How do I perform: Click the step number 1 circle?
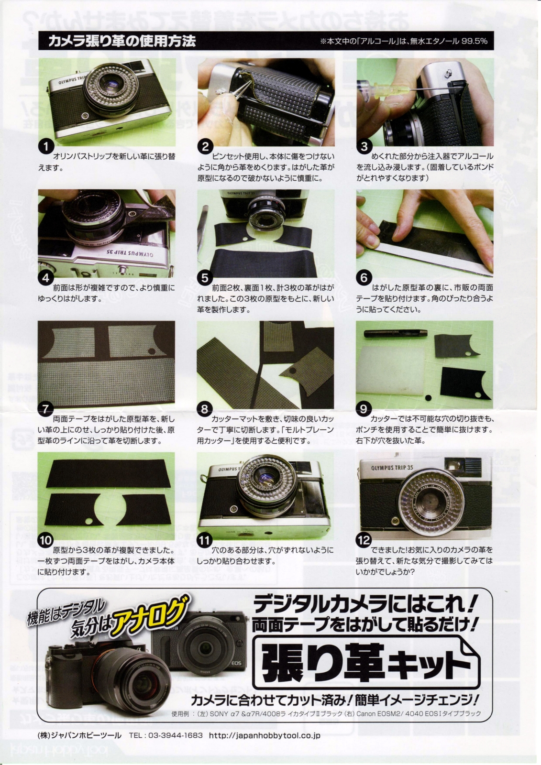(45, 147)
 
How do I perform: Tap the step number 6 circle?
(364, 278)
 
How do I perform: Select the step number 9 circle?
(364, 409)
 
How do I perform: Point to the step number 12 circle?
(364, 540)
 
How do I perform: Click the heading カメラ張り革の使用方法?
(122, 41)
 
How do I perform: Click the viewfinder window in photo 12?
(453, 465)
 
